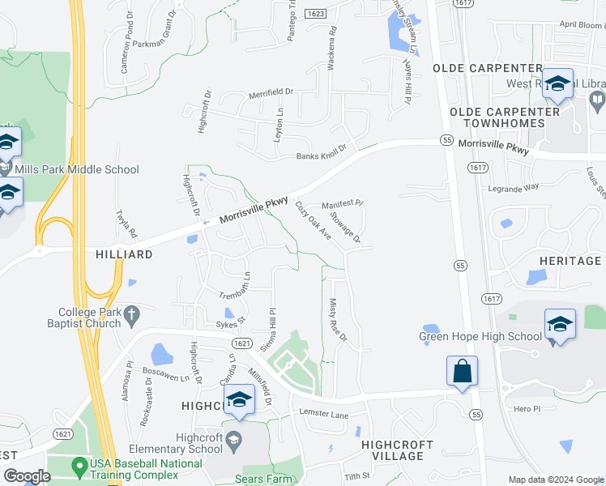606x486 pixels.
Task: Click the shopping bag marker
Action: tap(462, 372)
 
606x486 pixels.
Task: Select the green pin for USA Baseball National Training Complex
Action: tap(79, 466)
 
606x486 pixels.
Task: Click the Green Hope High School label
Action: tap(480, 337)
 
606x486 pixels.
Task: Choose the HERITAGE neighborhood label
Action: tap(570, 261)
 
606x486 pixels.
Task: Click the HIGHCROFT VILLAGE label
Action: tap(392, 450)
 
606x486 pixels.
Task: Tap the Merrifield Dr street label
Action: tap(271, 94)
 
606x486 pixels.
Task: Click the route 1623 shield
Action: tap(316, 15)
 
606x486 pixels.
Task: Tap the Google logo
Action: tap(27, 476)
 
